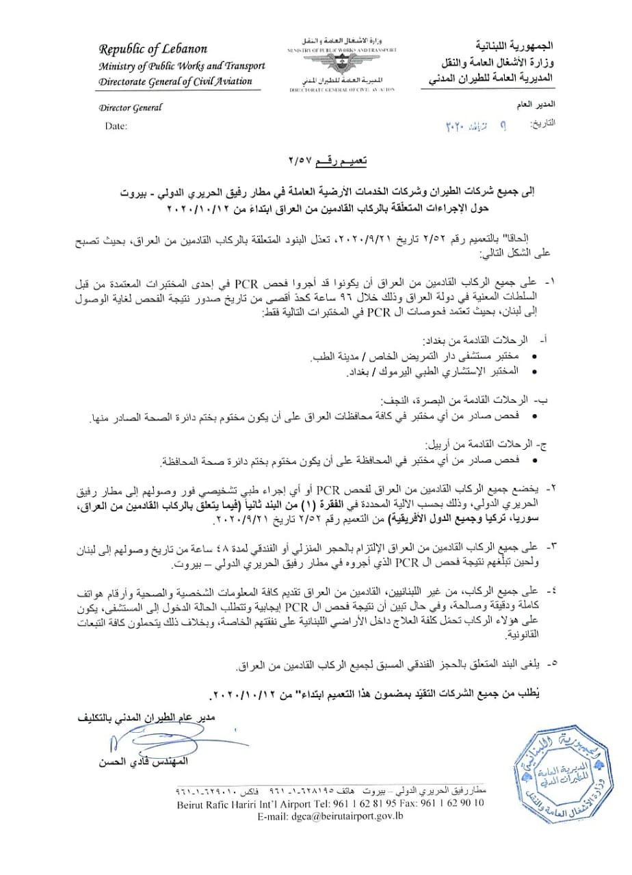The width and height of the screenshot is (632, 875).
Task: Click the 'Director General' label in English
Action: click(x=130, y=107)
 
